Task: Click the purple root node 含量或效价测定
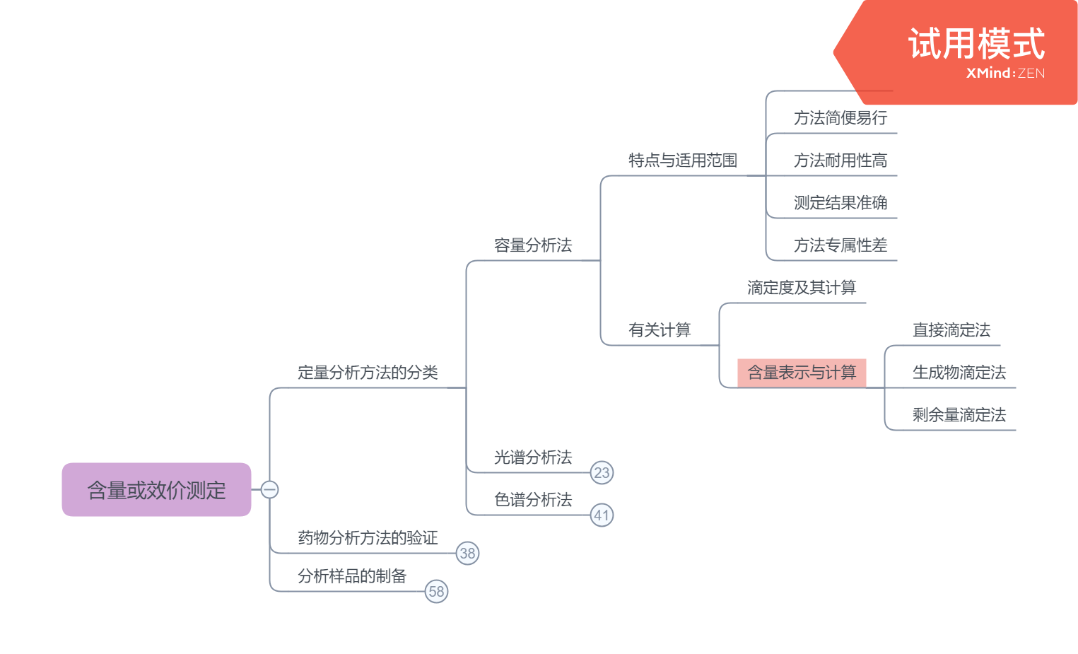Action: coord(156,489)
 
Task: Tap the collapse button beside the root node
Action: coord(269,489)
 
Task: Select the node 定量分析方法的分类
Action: coord(368,373)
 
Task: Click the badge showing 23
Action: coord(602,473)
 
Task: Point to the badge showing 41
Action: coord(602,515)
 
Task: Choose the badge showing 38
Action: coord(467,554)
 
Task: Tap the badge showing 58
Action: coord(436,592)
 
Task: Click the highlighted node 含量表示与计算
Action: coord(802,373)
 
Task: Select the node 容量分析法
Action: coord(533,245)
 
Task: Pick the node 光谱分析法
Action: coord(533,457)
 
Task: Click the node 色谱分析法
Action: coord(533,500)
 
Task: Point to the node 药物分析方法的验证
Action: coord(368,538)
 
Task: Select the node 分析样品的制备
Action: coord(352,576)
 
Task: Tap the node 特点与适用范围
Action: coord(683,160)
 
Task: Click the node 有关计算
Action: coord(660,330)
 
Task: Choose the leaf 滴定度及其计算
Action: coord(802,288)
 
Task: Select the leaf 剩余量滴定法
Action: coord(959,415)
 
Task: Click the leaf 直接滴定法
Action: coord(951,330)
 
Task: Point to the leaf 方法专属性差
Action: coord(840,245)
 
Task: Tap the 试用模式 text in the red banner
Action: coord(976,44)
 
